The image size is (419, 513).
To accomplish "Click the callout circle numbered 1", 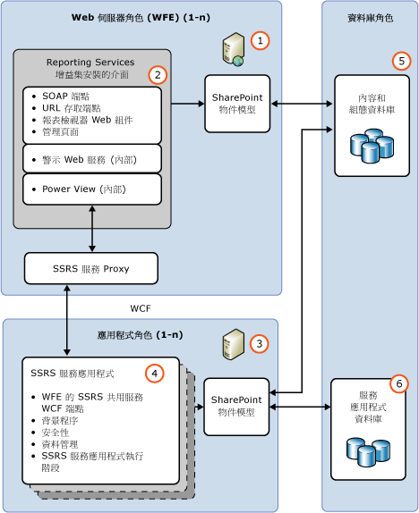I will [259, 40].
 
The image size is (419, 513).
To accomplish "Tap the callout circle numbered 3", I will [259, 342].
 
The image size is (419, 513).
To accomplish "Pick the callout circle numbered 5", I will [400, 61].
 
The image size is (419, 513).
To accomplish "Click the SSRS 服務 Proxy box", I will [91, 268].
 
